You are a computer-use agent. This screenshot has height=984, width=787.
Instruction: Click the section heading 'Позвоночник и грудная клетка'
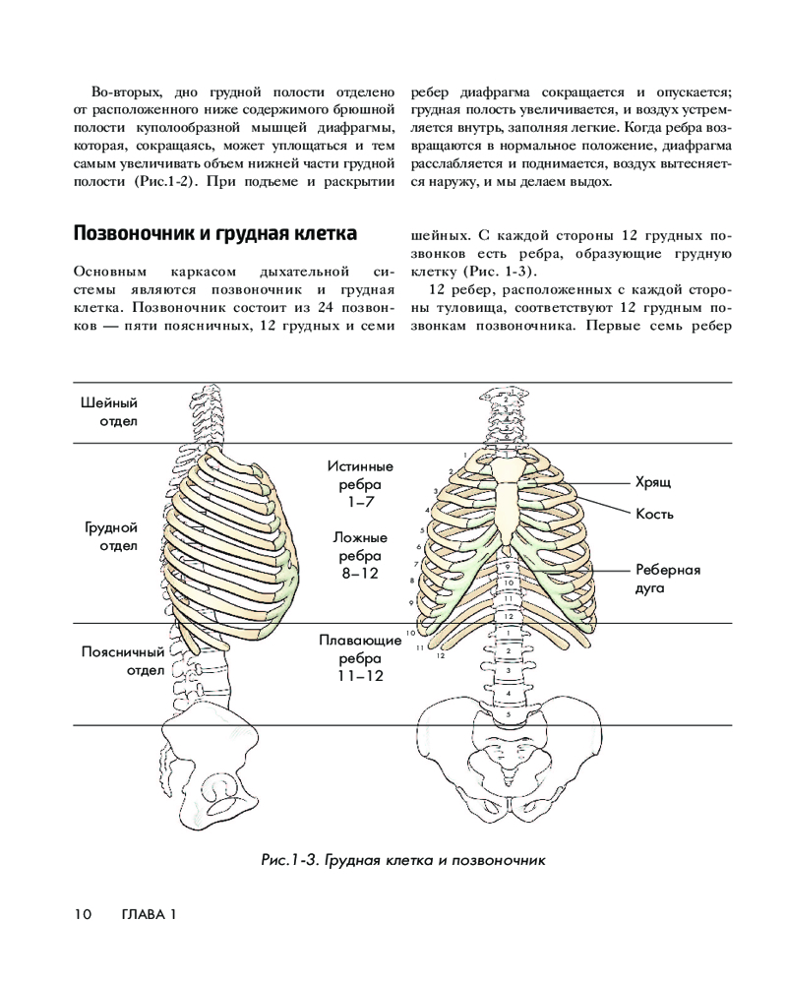214,234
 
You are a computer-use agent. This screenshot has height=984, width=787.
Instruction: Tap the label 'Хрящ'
655,482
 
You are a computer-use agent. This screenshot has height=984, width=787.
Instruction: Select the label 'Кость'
654,514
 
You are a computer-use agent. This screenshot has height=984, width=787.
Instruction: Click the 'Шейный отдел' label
108,412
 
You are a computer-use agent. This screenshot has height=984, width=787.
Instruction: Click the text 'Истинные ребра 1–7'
360,483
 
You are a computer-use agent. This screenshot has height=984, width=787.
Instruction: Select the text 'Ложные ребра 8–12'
360,554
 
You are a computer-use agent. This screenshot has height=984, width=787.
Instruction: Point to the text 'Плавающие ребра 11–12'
360,657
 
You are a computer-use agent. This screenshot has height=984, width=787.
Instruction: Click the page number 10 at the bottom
83,915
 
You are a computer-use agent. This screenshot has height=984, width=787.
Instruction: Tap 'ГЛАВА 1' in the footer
148,915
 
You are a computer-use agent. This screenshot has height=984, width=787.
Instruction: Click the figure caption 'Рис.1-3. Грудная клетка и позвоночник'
402,860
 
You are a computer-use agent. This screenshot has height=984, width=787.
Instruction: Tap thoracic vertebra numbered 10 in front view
508,583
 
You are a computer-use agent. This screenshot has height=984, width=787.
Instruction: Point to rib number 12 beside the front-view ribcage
442,654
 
